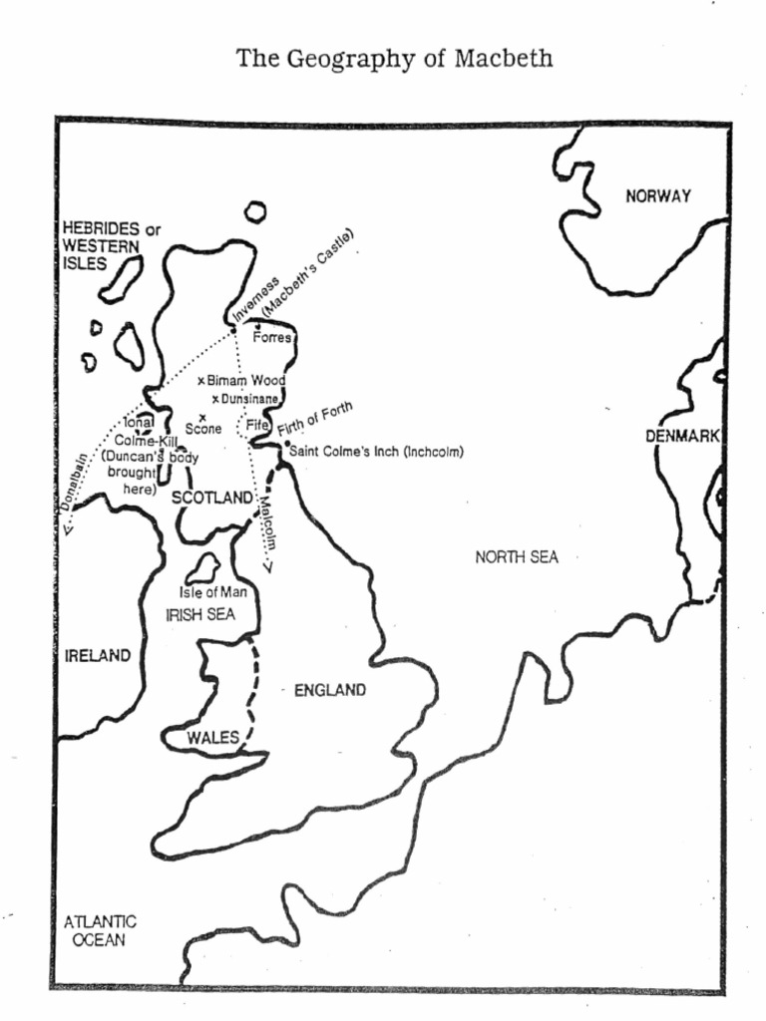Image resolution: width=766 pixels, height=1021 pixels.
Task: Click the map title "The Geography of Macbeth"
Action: pos(394,59)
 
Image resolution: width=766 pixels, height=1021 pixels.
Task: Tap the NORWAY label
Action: pos(658,196)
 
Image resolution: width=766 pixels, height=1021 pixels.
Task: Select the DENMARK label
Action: pos(683,436)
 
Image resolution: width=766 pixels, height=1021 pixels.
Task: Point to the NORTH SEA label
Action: pos(517,557)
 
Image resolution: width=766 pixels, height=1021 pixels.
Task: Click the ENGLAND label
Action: pos(329,690)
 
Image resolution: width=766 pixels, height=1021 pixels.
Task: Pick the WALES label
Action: pos(213,738)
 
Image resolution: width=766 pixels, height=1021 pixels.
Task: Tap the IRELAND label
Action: pos(98,656)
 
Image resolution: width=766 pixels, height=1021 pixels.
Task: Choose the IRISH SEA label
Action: pos(200,615)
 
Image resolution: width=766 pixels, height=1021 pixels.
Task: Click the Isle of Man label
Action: pos(212,592)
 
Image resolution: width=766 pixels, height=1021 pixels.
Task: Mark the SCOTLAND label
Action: pos(214,498)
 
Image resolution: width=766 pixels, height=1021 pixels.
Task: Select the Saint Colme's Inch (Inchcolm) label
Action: pos(376,452)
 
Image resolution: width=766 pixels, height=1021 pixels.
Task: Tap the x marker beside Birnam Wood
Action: pos(201,381)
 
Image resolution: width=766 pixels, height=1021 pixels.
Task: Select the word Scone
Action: pos(203,430)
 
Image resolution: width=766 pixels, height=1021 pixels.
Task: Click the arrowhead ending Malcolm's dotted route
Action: pos(267,569)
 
